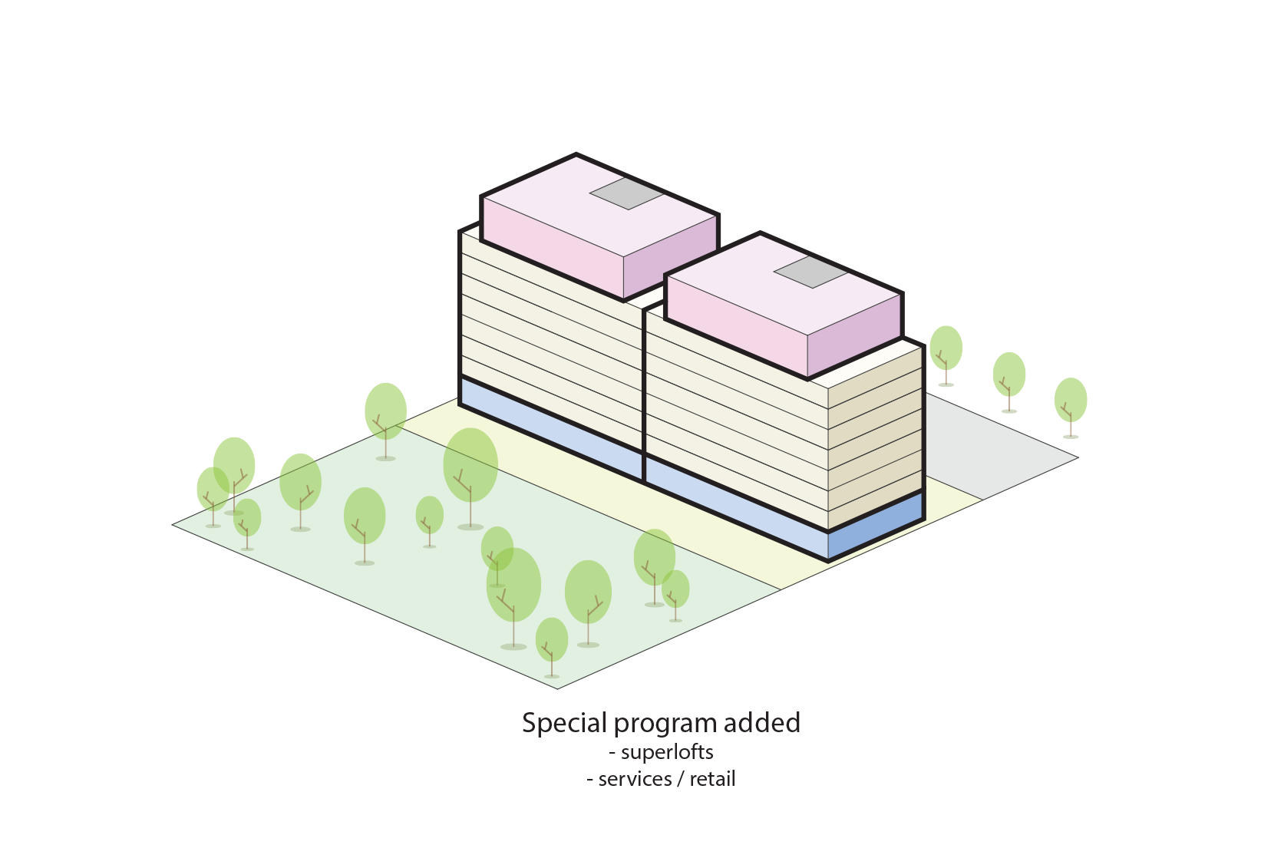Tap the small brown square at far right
[1075, 427]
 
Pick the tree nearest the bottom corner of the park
[551, 640]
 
